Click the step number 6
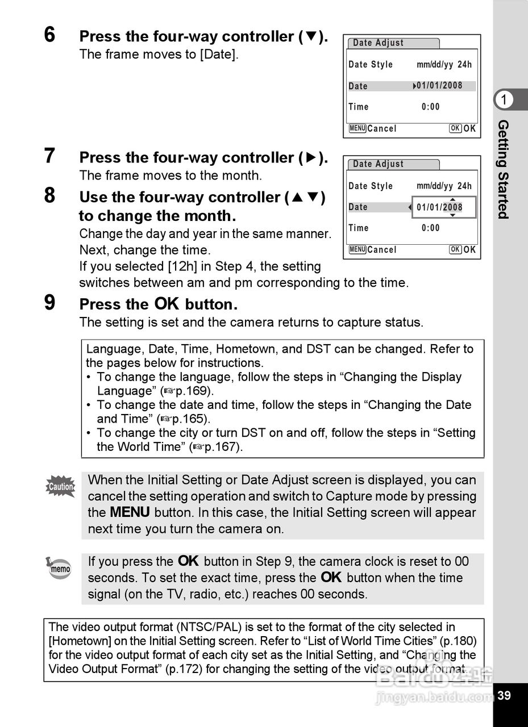50,35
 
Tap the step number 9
50,303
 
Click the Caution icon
61,487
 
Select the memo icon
59,568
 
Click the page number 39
504,695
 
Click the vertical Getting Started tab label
504,169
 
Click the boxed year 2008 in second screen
453,207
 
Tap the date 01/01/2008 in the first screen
439,86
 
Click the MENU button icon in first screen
357,128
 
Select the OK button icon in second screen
455,250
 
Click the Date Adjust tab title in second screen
379,164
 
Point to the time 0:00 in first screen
431,107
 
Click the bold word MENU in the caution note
130,512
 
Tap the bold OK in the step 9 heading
167,304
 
